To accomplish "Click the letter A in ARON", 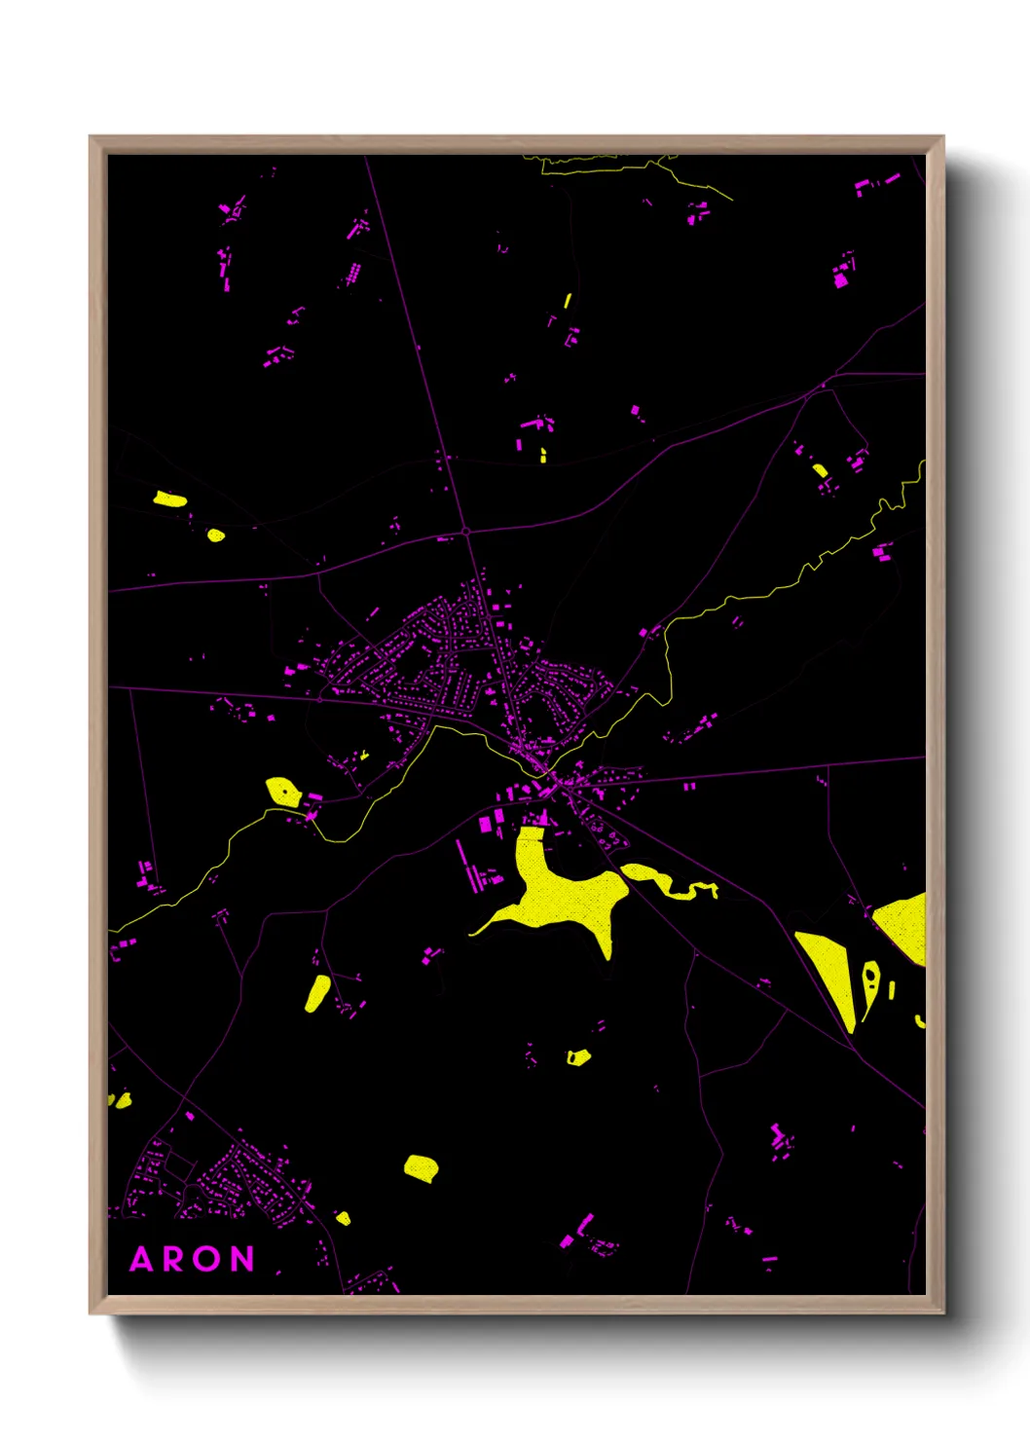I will coord(142,1260).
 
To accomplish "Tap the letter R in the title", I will coord(175,1260).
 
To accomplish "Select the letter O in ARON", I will coord(208,1260).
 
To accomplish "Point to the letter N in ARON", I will coord(242,1260).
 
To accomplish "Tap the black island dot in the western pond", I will coord(284,792).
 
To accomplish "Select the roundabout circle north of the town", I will coord(467,532).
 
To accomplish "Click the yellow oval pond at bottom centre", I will coord(421,1167).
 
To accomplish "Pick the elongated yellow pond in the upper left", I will coord(169,499).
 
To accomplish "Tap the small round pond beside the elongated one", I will coord(216,535).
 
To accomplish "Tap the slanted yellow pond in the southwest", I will coord(317,993).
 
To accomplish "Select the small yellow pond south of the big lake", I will coord(578,1056).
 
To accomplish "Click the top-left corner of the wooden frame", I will coord(91,137).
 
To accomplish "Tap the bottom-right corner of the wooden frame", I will coord(942,1312).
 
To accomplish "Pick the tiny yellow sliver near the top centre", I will coord(567,301).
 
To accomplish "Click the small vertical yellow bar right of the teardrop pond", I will coord(892,990).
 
